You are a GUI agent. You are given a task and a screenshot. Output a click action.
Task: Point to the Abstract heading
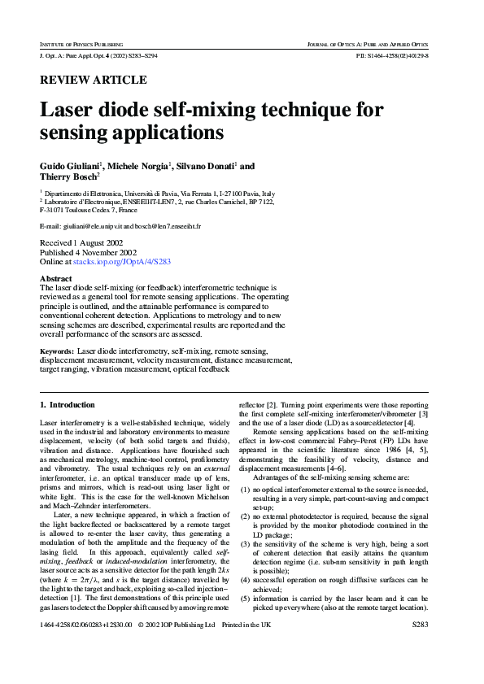click(55, 278)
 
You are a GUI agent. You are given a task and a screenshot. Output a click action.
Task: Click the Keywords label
click(57, 351)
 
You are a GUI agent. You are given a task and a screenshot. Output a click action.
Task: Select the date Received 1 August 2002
click(82, 243)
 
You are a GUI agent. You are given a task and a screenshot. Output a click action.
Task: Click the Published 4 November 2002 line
click(85, 253)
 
